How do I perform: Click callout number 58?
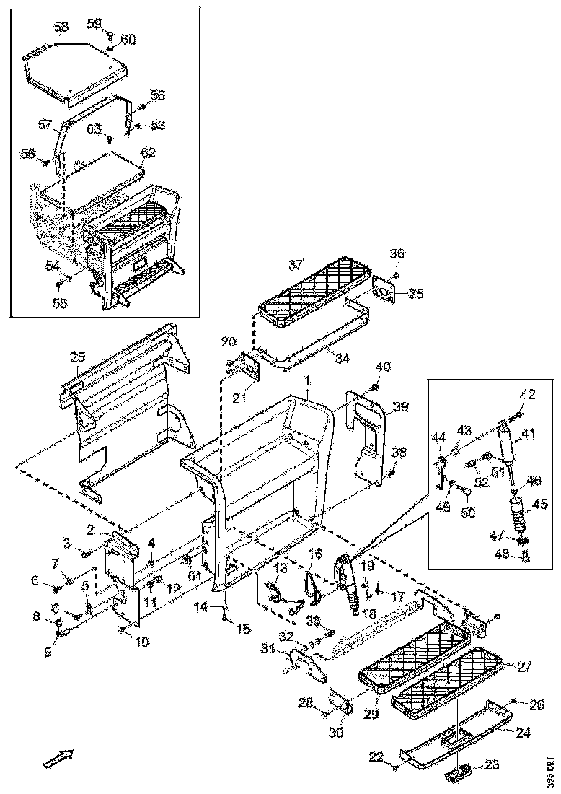[x=61, y=27]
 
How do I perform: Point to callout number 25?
[x=78, y=357]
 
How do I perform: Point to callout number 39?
[x=399, y=408]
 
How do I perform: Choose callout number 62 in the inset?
[x=148, y=152]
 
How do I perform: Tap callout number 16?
[x=314, y=554]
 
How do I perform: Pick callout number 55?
[x=61, y=304]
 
